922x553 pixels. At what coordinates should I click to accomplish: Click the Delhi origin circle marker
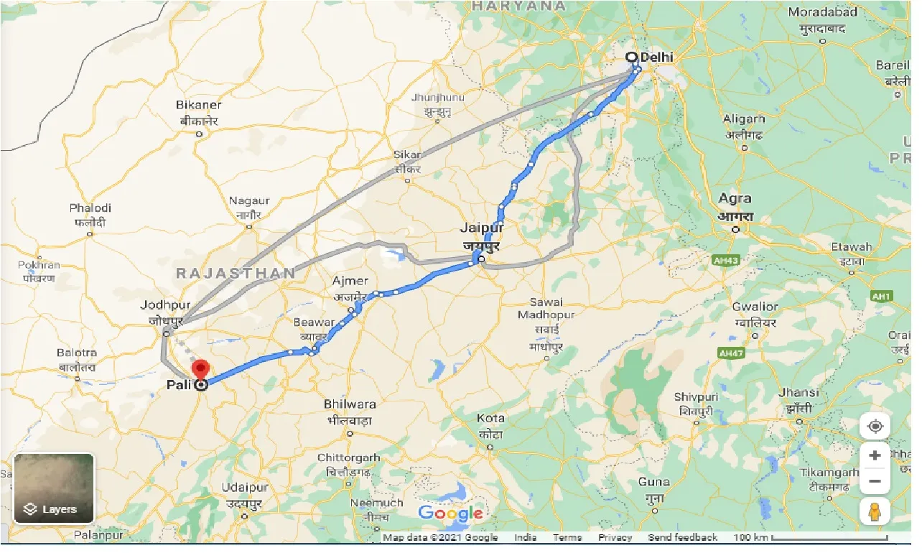(x=631, y=57)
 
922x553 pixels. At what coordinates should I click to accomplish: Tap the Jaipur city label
(x=483, y=228)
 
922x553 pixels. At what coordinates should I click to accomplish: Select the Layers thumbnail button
(x=54, y=488)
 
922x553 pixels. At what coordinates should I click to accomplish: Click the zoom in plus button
(x=875, y=455)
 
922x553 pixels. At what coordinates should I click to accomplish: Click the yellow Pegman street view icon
(x=875, y=511)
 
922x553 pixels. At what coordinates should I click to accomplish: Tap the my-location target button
(x=875, y=427)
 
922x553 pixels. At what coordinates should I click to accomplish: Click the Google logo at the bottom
(x=450, y=513)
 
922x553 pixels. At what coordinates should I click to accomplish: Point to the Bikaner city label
(x=198, y=105)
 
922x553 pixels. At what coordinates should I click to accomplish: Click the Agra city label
(x=735, y=198)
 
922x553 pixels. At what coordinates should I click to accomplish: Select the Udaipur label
(x=245, y=488)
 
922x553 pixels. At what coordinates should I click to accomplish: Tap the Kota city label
(x=490, y=418)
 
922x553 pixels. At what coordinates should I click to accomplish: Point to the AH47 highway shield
(x=730, y=353)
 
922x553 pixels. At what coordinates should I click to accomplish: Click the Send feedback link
(x=682, y=538)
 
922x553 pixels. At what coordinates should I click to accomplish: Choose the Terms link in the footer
(x=567, y=538)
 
